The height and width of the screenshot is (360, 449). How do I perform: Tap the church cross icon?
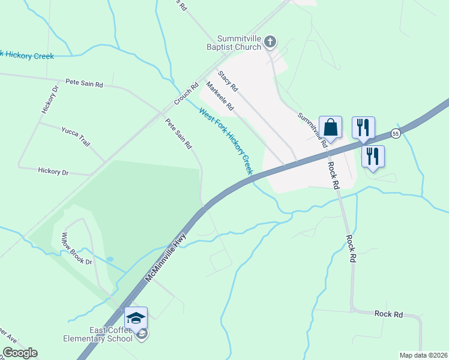click(270, 41)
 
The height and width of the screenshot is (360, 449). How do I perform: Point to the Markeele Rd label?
click(220, 96)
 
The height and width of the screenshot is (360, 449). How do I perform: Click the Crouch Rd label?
click(186, 94)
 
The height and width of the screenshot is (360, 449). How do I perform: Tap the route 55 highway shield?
click(395, 133)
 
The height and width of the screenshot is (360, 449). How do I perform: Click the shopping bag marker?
click(330, 127)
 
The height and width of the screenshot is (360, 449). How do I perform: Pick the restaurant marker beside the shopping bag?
click(363, 128)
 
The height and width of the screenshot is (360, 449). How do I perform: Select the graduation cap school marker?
click(136, 317)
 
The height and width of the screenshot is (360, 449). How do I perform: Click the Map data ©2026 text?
click(423, 355)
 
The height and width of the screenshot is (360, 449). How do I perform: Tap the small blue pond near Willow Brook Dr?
click(109, 259)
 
